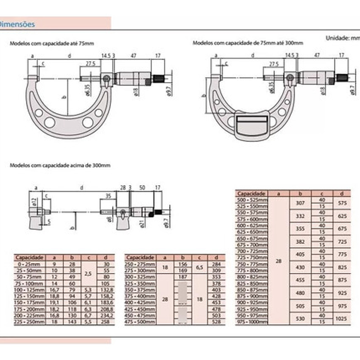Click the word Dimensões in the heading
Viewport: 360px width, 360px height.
click(x=18, y=24)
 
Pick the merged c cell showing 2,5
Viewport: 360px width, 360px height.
click(x=88, y=273)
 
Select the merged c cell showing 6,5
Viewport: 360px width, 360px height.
click(x=200, y=267)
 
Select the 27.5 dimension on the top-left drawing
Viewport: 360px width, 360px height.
click(x=90, y=63)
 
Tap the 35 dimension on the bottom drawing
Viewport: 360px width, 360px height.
click(x=108, y=195)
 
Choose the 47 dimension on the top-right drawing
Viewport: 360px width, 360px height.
click(x=316, y=55)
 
